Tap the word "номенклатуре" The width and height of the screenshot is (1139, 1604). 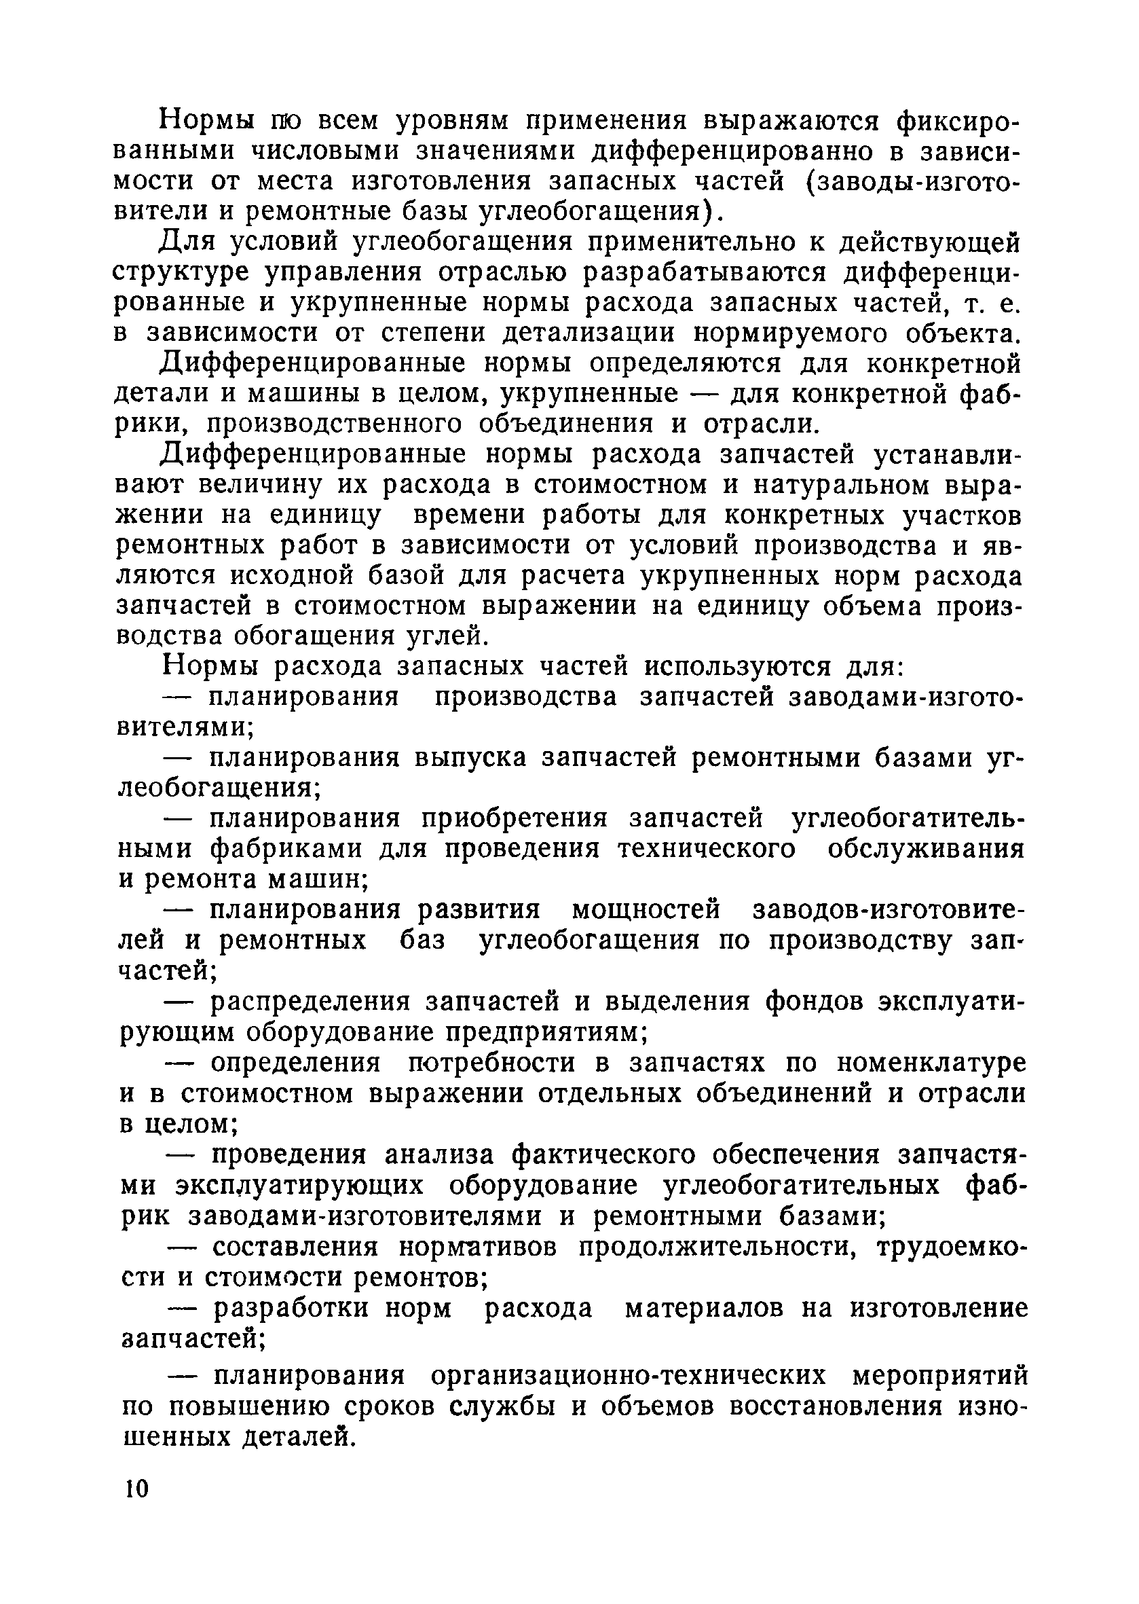(x=931, y=1063)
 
